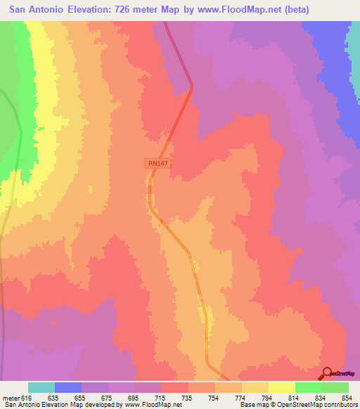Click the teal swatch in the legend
(x=41, y=387)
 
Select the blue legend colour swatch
(x=68, y=387)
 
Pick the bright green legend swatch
(x=309, y=387)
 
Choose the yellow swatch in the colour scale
(x=282, y=387)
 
